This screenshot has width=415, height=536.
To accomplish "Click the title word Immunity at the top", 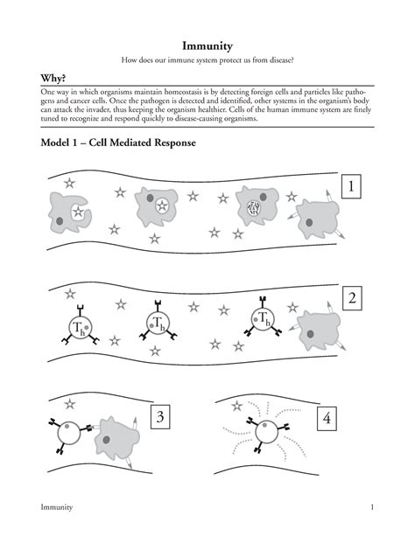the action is (x=207, y=45).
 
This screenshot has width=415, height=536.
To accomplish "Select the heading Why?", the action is (x=53, y=79).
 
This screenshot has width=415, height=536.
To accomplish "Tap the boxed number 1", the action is (x=351, y=186).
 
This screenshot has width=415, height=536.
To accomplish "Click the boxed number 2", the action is (x=352, y=298).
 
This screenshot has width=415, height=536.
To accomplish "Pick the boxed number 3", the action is (x=160, y=417).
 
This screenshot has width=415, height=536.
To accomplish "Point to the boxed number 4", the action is (x=327, y=418).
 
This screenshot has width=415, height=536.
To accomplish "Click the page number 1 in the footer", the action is (x=372, y=507).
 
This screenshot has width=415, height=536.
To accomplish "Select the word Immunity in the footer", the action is (x=57, y=507).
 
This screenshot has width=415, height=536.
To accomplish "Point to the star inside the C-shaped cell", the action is (x=79, y=212).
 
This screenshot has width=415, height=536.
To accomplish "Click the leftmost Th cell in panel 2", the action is (x=81, y=327).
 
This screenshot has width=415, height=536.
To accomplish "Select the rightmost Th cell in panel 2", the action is (x=263, y=319).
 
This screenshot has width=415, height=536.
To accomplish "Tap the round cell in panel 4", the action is (x=266, y=432).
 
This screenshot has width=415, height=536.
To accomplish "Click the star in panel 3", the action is (x=70, y=404).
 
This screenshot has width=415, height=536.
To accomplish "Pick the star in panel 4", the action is (x=236, y=406).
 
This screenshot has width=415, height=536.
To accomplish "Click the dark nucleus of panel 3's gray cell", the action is (x=106, y=440).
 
